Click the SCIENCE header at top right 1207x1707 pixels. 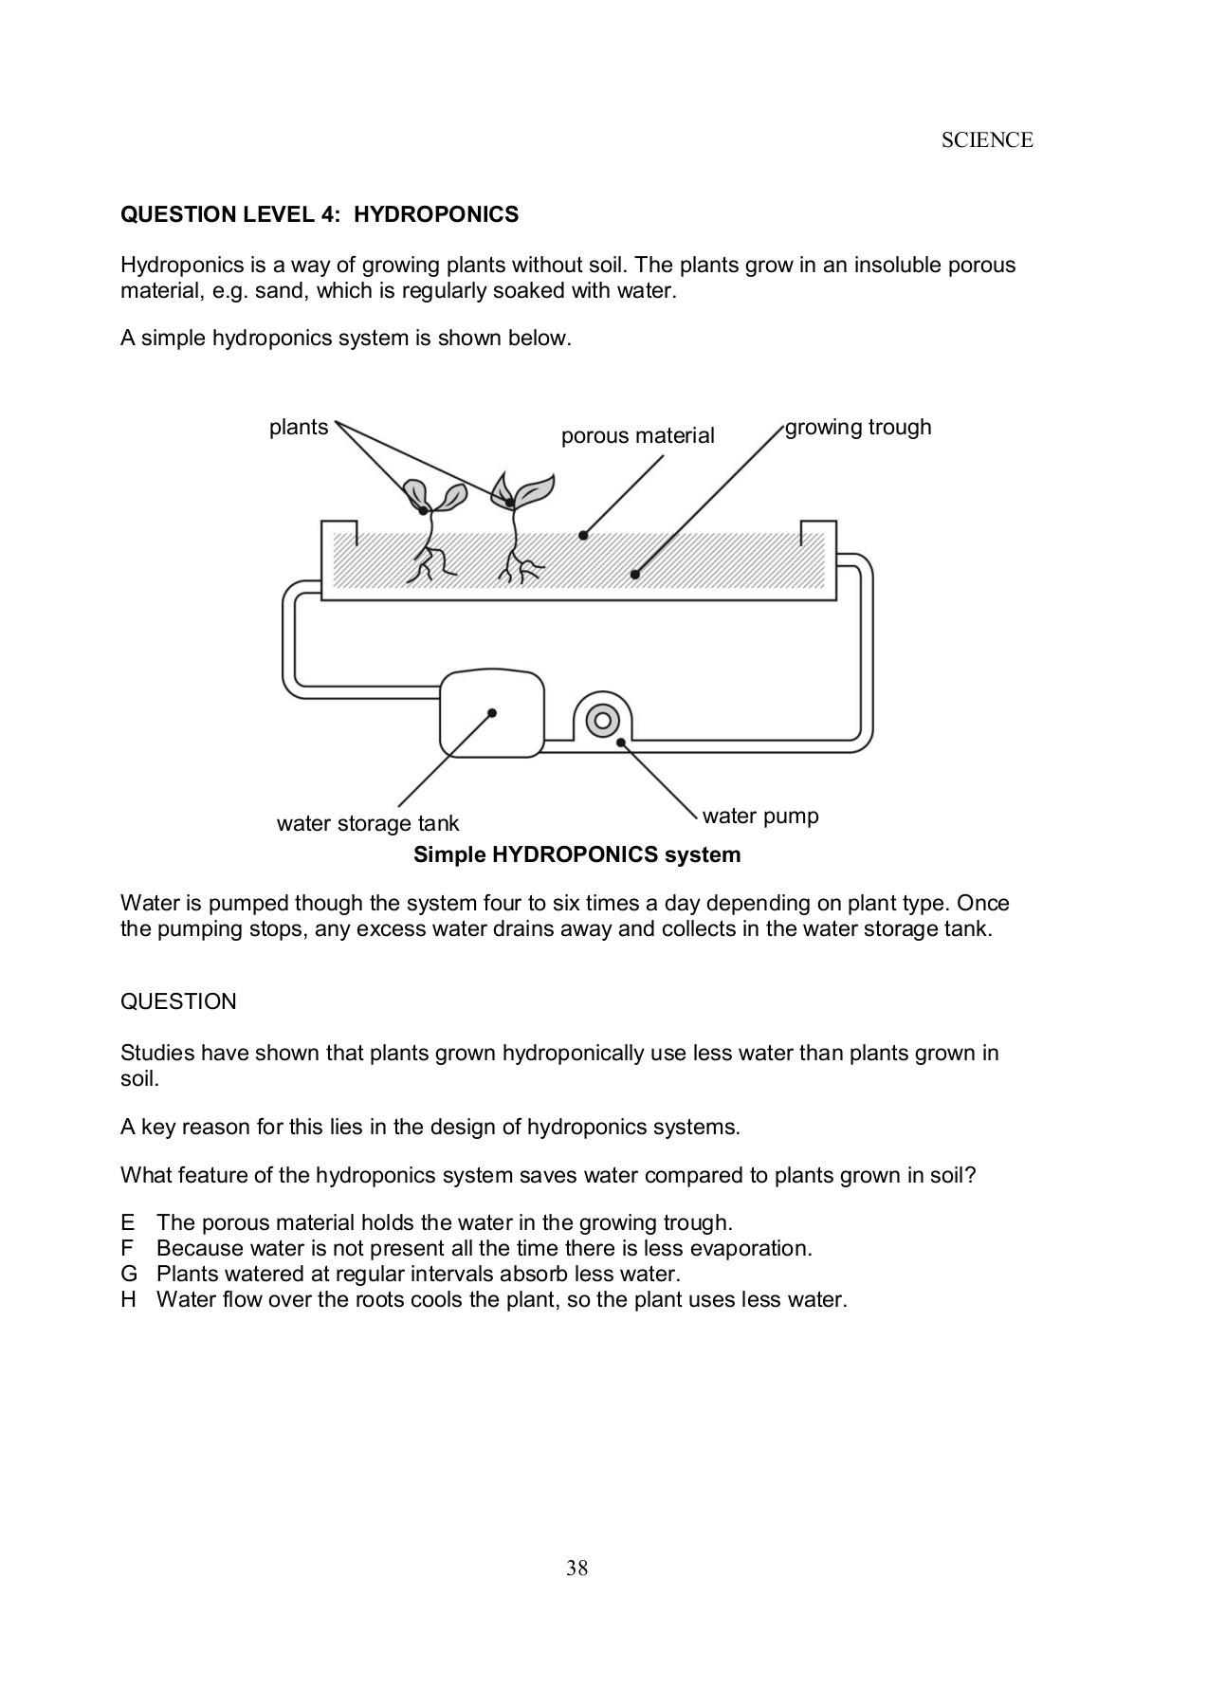coord(986,140)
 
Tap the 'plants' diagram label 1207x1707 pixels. coord(298,428)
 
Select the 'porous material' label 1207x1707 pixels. coord(637,436)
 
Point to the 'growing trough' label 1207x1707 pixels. coord(858,428)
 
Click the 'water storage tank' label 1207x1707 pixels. coord(367,823)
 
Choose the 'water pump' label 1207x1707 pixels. coord(759,817)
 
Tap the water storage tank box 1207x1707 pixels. coord(492,712)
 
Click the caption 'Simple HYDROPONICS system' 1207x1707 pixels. coord(576,855)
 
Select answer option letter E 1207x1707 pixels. coord(128,1223)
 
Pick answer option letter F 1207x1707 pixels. coord(127,1249)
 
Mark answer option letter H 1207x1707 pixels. coord(128,1300)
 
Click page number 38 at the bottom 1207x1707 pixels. coord(577,1569)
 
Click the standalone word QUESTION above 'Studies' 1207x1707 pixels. coord(178,1002)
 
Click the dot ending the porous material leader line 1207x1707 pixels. coord(584,536)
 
